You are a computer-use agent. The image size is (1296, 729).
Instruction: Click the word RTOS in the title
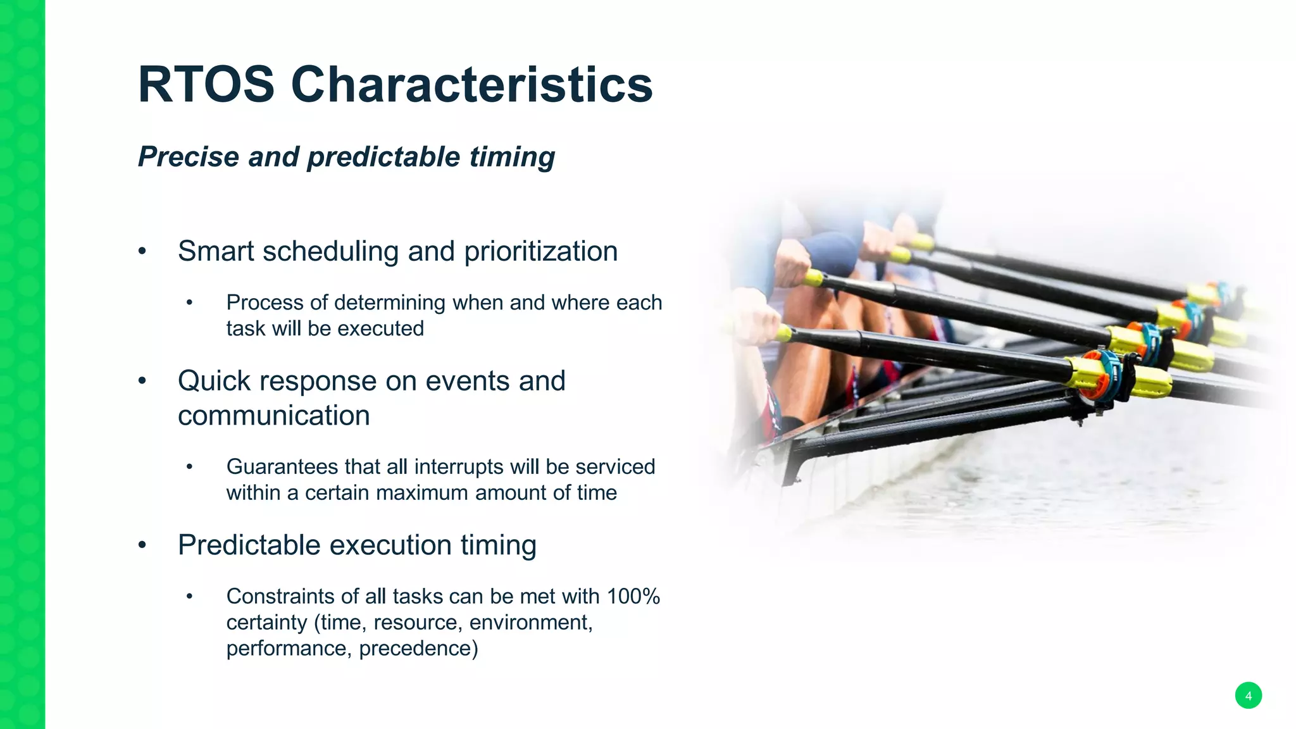[206, 85]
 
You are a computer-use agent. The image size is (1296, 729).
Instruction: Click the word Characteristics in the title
[471, 85]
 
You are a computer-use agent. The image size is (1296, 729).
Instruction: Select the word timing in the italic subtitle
[512, 157]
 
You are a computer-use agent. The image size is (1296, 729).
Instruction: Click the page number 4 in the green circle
[1248, 695]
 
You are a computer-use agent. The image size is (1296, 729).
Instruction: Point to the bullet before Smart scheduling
[142, 251]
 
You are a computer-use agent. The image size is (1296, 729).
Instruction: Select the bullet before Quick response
[142, 381]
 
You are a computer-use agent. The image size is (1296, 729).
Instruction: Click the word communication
[273, 416]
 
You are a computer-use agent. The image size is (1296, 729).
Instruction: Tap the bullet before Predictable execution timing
[142, 545]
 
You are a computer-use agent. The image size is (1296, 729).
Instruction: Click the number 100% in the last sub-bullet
[633, 596]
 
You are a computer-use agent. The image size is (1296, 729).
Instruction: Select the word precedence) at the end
[418, 649]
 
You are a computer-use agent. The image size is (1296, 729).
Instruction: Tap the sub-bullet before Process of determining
[189, 303]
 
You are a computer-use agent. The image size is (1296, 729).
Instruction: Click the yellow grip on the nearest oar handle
[784, 333]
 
